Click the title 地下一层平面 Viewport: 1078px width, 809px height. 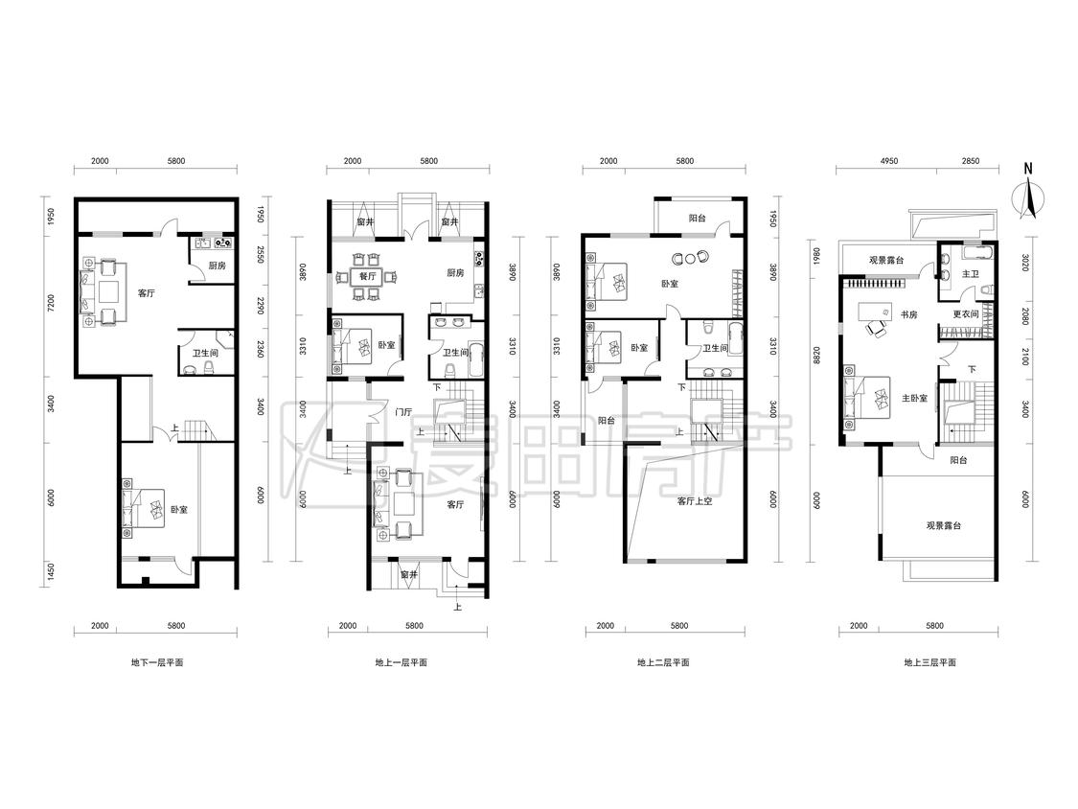157,662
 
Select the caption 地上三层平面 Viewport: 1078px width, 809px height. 929,662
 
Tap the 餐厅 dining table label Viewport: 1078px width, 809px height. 367,277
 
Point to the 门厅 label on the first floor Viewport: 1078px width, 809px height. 403,412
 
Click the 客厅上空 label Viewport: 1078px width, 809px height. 695,500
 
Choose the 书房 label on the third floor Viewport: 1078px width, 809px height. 909,314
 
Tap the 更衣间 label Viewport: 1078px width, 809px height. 965,314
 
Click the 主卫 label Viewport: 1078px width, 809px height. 970,274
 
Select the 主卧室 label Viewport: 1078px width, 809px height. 914,399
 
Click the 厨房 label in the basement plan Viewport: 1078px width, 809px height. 218,266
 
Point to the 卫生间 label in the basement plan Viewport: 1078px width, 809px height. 205,353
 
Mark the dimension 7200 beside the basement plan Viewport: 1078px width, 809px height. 51,303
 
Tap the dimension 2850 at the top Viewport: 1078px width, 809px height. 970,161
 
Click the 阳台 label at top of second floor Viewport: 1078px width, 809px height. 698,219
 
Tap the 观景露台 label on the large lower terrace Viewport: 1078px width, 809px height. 943,525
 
